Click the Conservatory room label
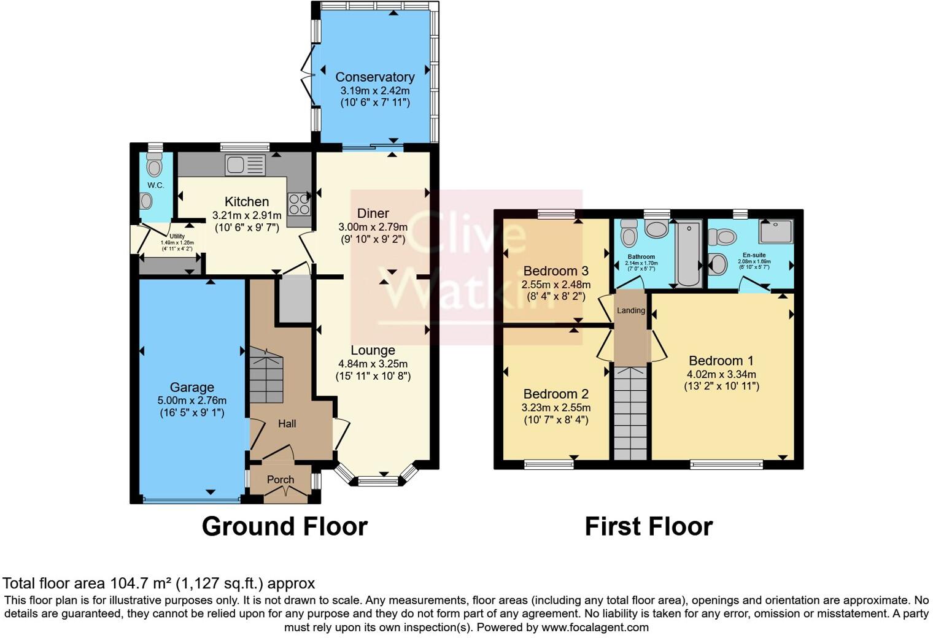pos(374,77)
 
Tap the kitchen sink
pos(245,165)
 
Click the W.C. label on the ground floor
pos(155,185)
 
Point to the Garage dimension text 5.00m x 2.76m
pos(192,401)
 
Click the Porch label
pos(281,480)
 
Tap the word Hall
pos(287,423)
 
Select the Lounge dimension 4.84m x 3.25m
pos(373,364)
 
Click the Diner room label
pos(373,213)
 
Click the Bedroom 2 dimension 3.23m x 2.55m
pos(556,408)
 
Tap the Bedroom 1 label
pos(721,361)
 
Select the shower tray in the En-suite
pos(776,231)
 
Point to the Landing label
pos(631,310)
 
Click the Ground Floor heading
pos(284,526)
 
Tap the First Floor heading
pos(648,526)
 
